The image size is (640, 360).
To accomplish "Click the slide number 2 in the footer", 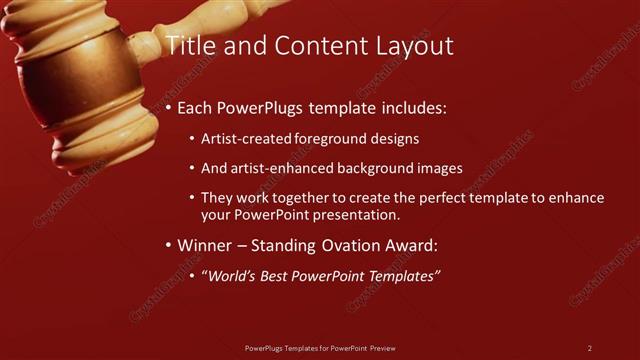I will tap(590, 348).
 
